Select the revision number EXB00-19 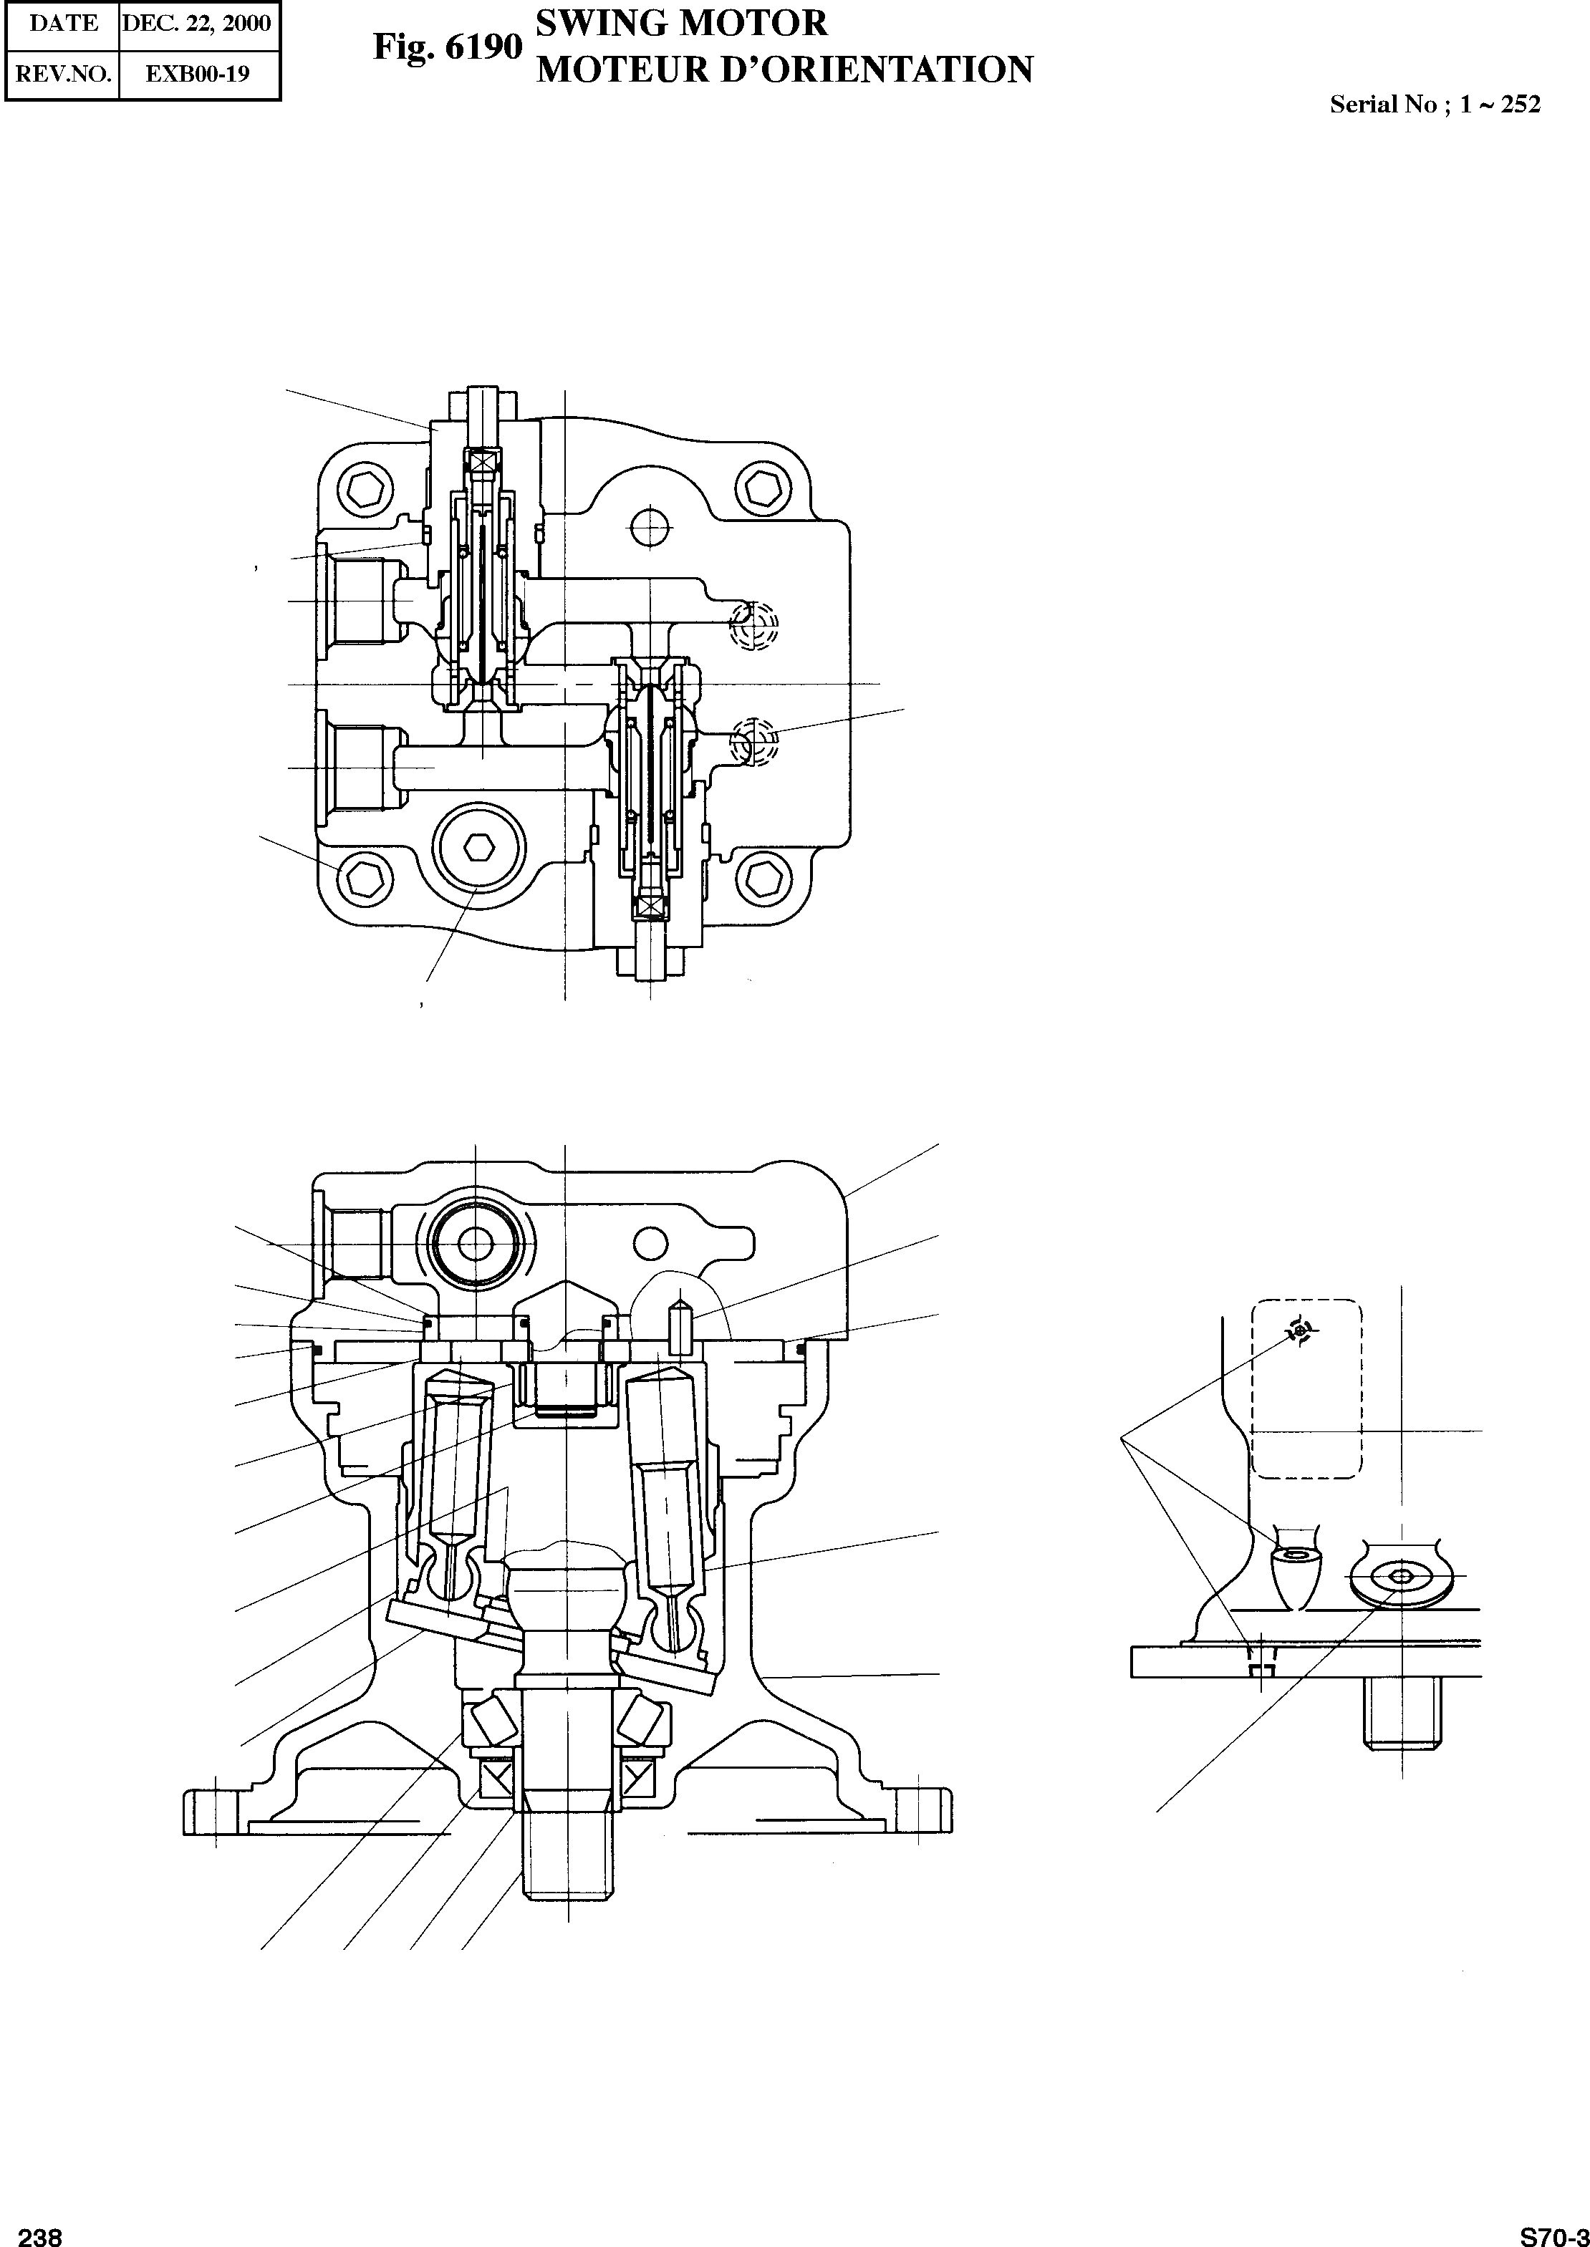[x=198, y=74]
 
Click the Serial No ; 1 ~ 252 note [x=1435, y=105]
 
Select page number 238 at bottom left [x=40, y=2236]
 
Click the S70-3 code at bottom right [x=1553, y=2236]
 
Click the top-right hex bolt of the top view [x=760, y=486]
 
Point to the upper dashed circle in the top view [x=755, y=624]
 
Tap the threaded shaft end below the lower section [x=565, y=1860]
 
